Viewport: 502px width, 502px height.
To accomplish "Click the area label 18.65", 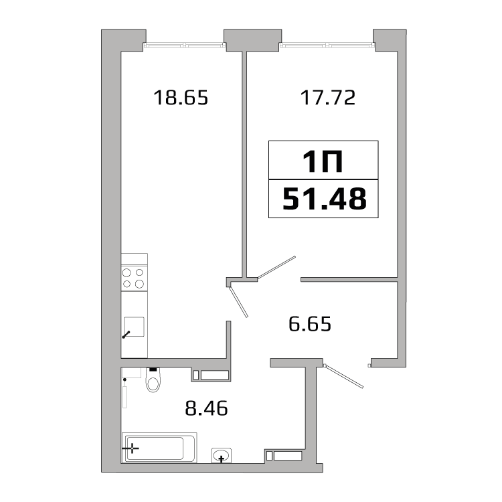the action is [x=181, y=97].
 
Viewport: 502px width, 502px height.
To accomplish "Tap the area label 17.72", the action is [x=328, y=97].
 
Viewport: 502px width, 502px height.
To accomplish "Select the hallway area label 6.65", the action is [x=310, y=324].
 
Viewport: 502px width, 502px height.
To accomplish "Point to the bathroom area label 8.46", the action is [x=207, y=408].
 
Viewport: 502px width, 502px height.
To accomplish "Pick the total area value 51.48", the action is [x=325, y=199].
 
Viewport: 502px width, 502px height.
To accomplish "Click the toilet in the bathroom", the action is [x=153, y=380].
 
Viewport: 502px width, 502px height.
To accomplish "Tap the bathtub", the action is [x=159, y=448].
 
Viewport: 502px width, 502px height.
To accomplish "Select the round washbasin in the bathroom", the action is [x=221, y=455].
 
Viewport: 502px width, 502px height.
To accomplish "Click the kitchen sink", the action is [x=134, y=327].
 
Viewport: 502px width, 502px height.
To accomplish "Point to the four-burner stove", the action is [x=134, y=278].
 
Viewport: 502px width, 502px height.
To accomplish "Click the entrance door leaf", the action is [x=343, y=376].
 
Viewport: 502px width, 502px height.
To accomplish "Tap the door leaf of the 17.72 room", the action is [x=276, y=267].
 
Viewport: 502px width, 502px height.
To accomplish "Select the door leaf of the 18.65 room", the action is [x=238, y=302].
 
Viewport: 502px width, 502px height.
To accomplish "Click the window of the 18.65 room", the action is [x=185, y=46].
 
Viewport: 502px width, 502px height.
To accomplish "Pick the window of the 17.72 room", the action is [x=327, y=46].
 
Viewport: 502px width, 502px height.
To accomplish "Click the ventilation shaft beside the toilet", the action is [x=212, y=375].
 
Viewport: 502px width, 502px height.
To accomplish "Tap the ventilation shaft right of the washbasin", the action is [x=284, y=456].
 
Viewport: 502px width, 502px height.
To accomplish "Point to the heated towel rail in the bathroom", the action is [x=124, y=393].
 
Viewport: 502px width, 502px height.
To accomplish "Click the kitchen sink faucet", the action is [x=126, y=335].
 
